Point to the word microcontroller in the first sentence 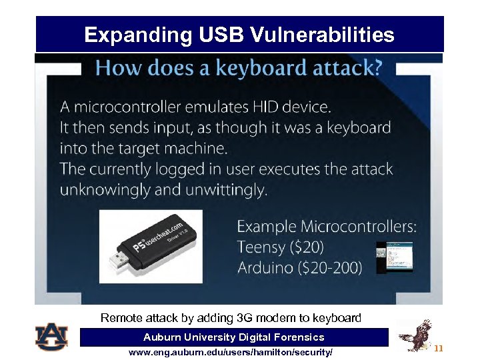click(127, 107)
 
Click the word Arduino click(264, 268)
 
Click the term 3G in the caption click(245, 318)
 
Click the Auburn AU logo click(51, 337)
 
